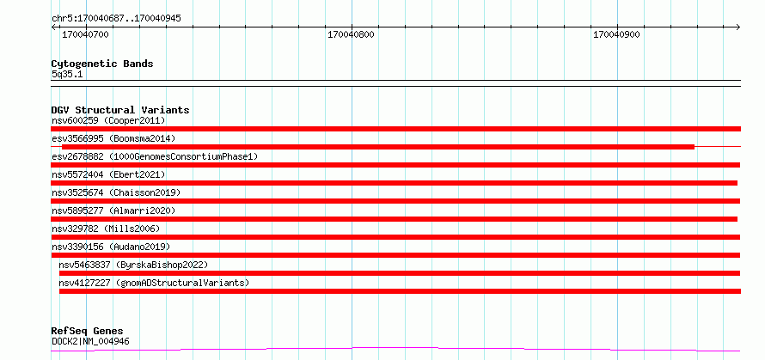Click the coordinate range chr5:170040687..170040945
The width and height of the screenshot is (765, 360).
coord(116,19)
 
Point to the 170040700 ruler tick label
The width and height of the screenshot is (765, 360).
coord(85,35)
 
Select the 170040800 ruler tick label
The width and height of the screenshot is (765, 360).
coord(352,35)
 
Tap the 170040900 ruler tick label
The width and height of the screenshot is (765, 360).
coord(616,35)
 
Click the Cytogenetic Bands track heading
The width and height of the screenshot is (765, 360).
coord(102,64)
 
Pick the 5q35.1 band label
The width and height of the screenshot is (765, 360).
coord(67,75)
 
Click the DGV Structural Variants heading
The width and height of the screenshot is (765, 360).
coord(120,110)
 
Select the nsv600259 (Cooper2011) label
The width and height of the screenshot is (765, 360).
coord(108,120)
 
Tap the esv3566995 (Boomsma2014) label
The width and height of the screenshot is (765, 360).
coord(113,138)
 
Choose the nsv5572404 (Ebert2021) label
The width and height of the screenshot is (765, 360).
coord(108,174)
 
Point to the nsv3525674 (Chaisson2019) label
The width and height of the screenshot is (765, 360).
coord(116,192)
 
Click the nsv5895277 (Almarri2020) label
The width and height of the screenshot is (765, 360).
coord(113,211)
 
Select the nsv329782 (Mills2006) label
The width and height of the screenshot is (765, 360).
coord(106,229)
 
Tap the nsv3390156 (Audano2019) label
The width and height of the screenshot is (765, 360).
coord(111,247)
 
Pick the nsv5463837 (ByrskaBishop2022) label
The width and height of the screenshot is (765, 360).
coord(134,265)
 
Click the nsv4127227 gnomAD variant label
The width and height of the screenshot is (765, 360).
coord(154,283)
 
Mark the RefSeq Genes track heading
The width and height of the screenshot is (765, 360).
coord(87,332)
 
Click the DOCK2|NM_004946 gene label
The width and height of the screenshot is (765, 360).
coord(91,341)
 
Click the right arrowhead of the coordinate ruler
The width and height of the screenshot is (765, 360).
coord(739,27)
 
